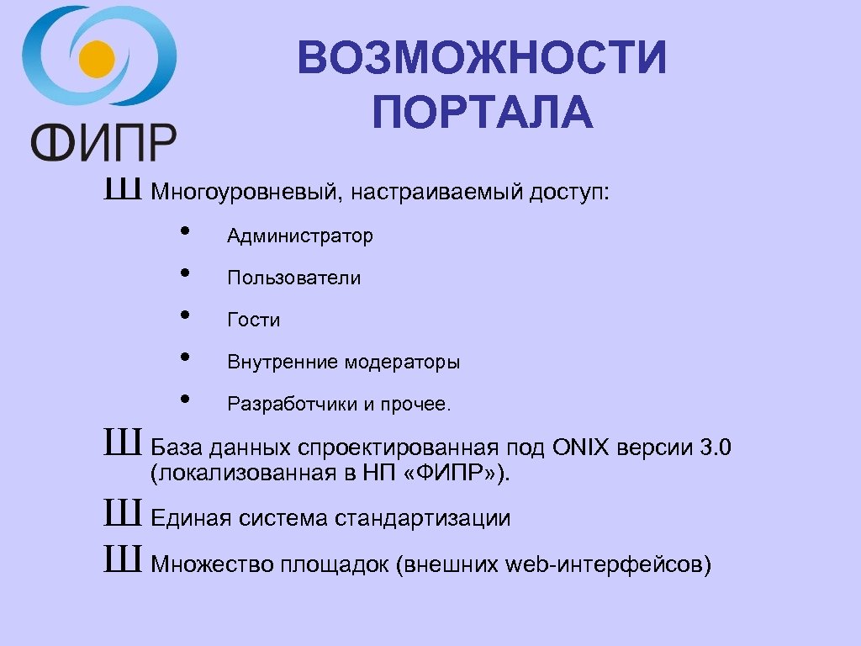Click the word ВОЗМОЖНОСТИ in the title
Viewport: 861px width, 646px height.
click(x=482, y=60)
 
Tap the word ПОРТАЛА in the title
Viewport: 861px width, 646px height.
click(x=483, y=114)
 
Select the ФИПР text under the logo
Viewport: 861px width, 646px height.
click(x=104, y=140)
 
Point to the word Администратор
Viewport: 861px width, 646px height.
click(x=300, y=236)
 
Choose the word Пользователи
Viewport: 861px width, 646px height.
click(x=293, y=278)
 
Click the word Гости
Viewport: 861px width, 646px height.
click(x=253, y=320)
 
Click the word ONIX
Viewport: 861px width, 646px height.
click(x=581, y=447)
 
